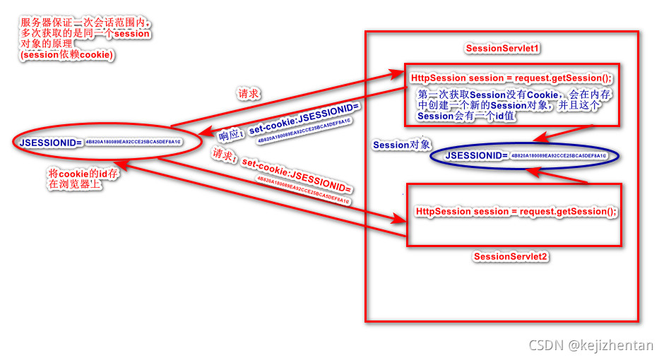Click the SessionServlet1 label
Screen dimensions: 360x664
[502, 48]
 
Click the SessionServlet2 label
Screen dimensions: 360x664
[510, 256]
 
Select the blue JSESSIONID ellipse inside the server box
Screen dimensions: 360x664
[526, 155]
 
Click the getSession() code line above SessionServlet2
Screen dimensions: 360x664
[516, 211]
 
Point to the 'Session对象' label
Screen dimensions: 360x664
[401, 145]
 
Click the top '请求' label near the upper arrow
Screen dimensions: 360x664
[249, 93]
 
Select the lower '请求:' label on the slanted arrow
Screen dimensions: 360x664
[223, 156]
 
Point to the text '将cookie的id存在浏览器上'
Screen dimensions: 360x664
[80, 179]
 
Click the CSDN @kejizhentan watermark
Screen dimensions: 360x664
[591, 345]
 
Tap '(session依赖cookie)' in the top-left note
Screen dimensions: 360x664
[66, 54]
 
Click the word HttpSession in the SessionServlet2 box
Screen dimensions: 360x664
[443, 211]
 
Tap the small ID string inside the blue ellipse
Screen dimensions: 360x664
[557, 155]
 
